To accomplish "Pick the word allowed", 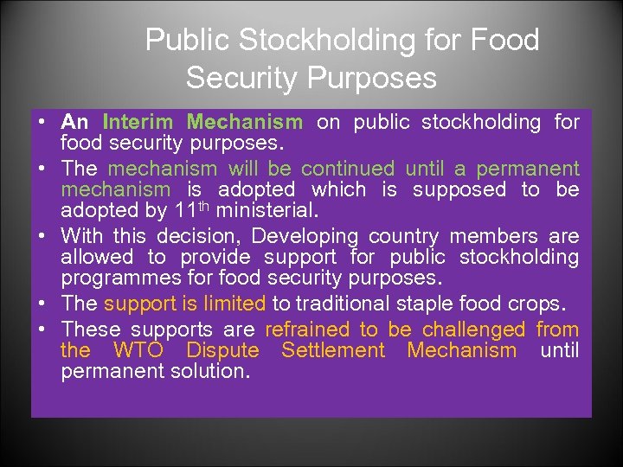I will coord(97,257).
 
